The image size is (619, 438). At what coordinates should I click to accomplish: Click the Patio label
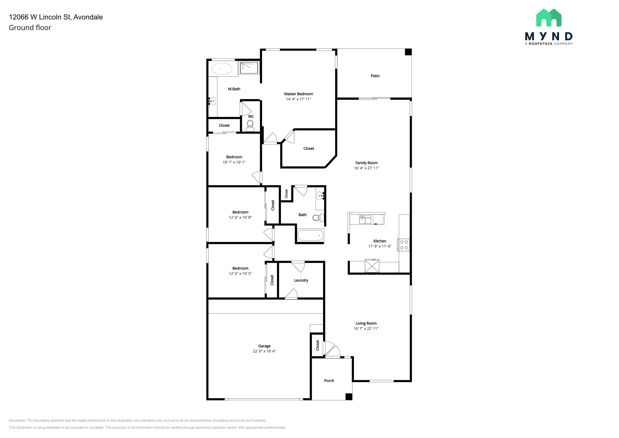point(375,76)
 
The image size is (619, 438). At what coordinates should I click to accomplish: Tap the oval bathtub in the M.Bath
point(221,69)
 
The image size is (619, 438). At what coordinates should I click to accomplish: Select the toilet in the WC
point(250,126)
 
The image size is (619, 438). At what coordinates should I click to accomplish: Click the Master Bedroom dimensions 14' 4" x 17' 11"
point(298,99)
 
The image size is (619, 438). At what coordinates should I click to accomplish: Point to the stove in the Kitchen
point(404,245)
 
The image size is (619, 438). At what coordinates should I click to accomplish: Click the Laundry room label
point(301,280)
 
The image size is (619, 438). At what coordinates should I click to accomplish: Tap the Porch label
point(329,381)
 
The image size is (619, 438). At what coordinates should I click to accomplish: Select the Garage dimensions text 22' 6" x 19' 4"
point(264,351)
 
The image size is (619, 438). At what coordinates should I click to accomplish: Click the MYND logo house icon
point(549,18)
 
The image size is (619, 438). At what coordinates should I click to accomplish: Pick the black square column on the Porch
point(349,397)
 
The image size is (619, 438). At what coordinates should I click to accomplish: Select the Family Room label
point(366,163)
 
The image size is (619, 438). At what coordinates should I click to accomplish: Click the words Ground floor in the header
point(30,28)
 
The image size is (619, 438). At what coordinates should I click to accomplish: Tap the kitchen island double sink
point(365,219)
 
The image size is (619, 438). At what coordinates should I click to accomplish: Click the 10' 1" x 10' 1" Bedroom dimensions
point(234,162)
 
